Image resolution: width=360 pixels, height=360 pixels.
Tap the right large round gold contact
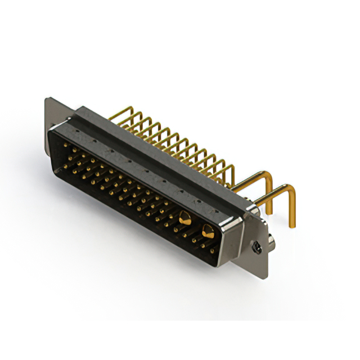(x=208, y=229)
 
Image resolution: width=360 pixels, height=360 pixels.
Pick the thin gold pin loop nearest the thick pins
(x=229, y=169)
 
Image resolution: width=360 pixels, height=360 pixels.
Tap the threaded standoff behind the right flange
(x=271, y=242)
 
